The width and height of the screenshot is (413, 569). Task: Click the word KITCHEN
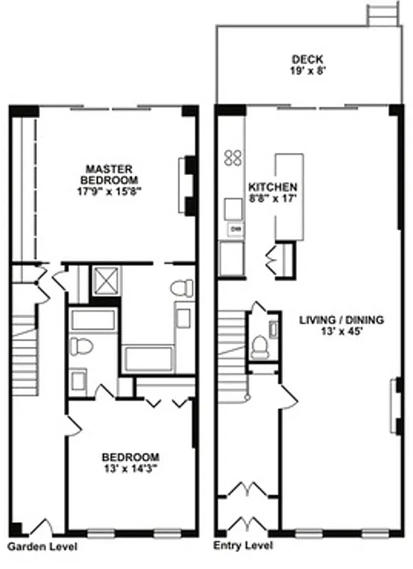(267, 186)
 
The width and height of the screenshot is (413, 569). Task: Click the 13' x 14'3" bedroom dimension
(130, 468)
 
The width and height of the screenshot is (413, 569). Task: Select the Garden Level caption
(42, 547)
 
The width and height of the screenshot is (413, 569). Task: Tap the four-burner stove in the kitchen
(232, 158)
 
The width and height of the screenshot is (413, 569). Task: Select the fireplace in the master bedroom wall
(188, 185)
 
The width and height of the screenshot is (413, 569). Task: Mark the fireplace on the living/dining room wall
(394, 408)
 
